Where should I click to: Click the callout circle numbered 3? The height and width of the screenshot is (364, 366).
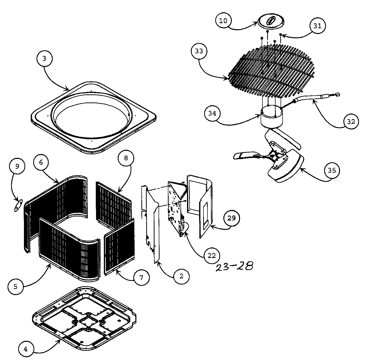click(44, 59)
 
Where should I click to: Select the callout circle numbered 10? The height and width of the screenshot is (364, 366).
click(223, 21)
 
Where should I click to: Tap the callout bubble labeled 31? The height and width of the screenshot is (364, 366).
click(318, 26)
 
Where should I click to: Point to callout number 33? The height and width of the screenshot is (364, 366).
click(199, 51)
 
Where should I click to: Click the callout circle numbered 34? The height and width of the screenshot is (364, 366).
click(212, 114)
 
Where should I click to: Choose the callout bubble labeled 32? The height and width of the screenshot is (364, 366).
click(351, 122)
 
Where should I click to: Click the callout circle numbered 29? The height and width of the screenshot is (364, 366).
click(231, 218)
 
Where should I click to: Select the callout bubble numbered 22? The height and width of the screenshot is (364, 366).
click(212, 256)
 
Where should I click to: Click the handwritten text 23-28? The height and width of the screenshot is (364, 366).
click(234, 266)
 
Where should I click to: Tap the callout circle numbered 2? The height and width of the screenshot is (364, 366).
click(181, 276)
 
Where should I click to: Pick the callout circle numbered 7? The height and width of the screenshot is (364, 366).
click(141, 278)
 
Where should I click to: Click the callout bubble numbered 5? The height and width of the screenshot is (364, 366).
click(16, 287)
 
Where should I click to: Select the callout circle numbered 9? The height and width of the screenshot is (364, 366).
click(17, 166)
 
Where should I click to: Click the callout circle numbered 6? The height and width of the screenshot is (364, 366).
click(41, 162)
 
